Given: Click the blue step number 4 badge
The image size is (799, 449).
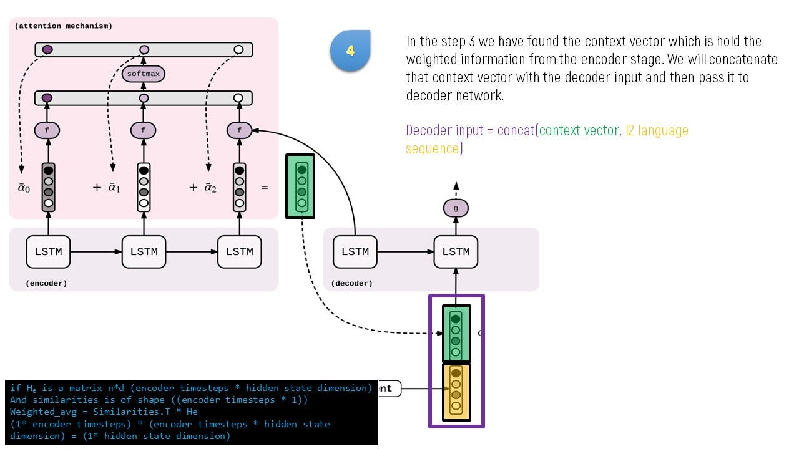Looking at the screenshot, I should tap(350, 50).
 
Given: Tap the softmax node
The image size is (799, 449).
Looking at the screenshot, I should tap(144, 74).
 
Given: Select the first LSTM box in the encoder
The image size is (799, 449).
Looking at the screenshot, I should tap(48, 252).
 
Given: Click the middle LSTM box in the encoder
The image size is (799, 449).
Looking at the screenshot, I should tap(144, 252).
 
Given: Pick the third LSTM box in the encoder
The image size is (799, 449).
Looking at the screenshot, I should tap(239, 252).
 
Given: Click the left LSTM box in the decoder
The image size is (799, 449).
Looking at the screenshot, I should tap(355, 252).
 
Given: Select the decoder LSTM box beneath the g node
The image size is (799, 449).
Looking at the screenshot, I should tap(456, 252).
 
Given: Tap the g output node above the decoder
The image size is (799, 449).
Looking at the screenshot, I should tap(456, 208).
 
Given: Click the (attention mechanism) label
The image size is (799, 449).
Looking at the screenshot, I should tap(63, 26).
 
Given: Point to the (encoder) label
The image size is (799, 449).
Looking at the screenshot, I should tap(46, 283).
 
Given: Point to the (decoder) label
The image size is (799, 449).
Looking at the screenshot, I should tap(352, 283).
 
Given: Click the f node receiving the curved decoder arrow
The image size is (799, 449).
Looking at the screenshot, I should tap(239, 130).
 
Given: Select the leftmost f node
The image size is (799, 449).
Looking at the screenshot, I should tap(47, 130).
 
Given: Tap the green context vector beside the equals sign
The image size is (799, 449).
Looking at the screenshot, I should tap(300, 186).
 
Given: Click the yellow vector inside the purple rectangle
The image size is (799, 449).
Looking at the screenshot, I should tap(456, 392).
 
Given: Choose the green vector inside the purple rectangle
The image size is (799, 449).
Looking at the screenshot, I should tap(456, 334).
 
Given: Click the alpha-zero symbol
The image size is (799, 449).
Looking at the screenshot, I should tap(23, 188).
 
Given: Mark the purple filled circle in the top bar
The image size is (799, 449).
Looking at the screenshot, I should tap(47, 49).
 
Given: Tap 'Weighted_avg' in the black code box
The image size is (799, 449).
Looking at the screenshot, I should tap(39, 412).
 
